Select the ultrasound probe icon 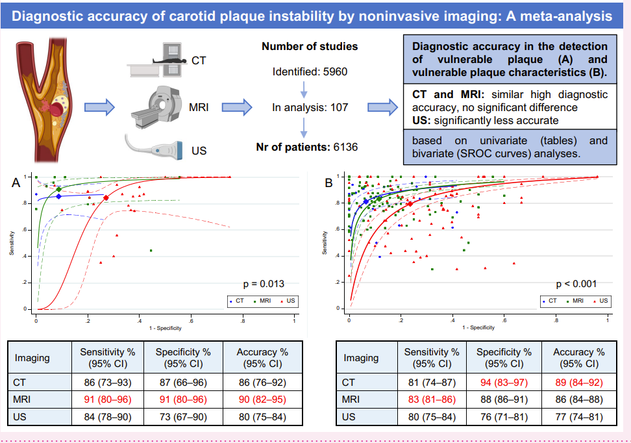(x=155, y=147)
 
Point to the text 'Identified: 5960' (x=310, y=71)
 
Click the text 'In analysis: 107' (x=310, y=107)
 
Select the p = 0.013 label (x=263, y=283)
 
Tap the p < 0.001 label (x=576, y=283)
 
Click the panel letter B (x=329, y=184)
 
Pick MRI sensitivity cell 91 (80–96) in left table (x=107, y=398)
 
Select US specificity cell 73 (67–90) (x=183, y=416)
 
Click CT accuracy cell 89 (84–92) (x=578, y=382)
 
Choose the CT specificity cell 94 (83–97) (x=504, y=382)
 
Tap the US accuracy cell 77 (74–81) (x=578, y=416)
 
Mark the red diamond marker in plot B (x=410, y=204)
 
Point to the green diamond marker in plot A (x=58, y=189)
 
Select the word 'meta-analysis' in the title (x=554, y=15)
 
